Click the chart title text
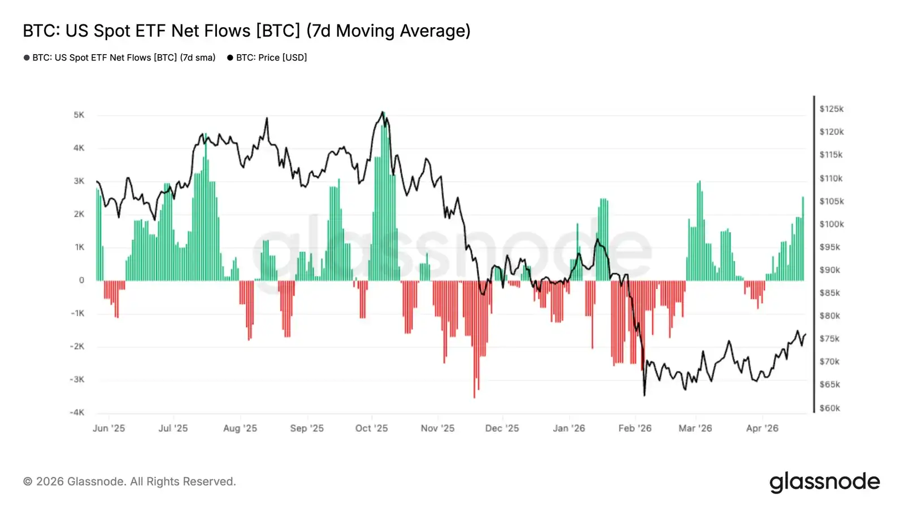tap(246, 30)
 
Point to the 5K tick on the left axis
tap(79, 115)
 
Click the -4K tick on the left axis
tap(77, 413)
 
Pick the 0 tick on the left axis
tap(81, 281)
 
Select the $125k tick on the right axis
tap(831, 109)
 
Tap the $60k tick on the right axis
tap(829, 408)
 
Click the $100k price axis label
tap(831, 224)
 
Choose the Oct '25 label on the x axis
tap(371, 428)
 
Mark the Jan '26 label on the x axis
tap(568, 428)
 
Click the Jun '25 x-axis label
tap(108, 428)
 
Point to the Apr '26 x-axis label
tap(762, 428)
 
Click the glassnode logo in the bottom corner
tap(824, 482)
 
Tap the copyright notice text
tap(129, 482)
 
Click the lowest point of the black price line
tap(644, 395)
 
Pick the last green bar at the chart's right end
tap(802, 239)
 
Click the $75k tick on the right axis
tap(829, 339)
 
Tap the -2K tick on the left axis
tap(77, 347)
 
